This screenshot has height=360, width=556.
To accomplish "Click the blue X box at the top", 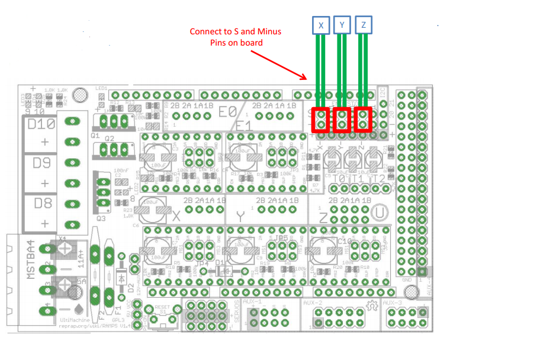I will point(321,25).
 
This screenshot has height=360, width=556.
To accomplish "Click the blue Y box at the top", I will point(342,25).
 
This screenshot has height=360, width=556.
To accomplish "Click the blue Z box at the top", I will point(364,25).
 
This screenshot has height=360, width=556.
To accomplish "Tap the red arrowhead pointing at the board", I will point(304,77).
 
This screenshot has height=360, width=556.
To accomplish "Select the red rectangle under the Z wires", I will point(363,120).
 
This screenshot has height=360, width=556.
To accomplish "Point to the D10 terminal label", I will point(41,124).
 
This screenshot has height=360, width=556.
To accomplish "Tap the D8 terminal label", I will point(41,203).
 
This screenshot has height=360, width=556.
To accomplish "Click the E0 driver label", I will point(227,111).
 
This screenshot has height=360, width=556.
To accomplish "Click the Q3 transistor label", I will point(101,218).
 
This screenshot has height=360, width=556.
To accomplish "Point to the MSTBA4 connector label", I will point(31,261).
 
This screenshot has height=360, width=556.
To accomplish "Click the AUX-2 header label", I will point(312,303).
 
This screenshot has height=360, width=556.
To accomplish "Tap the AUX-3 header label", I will point(392,303).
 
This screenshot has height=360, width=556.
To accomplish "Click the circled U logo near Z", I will point(380,211).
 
